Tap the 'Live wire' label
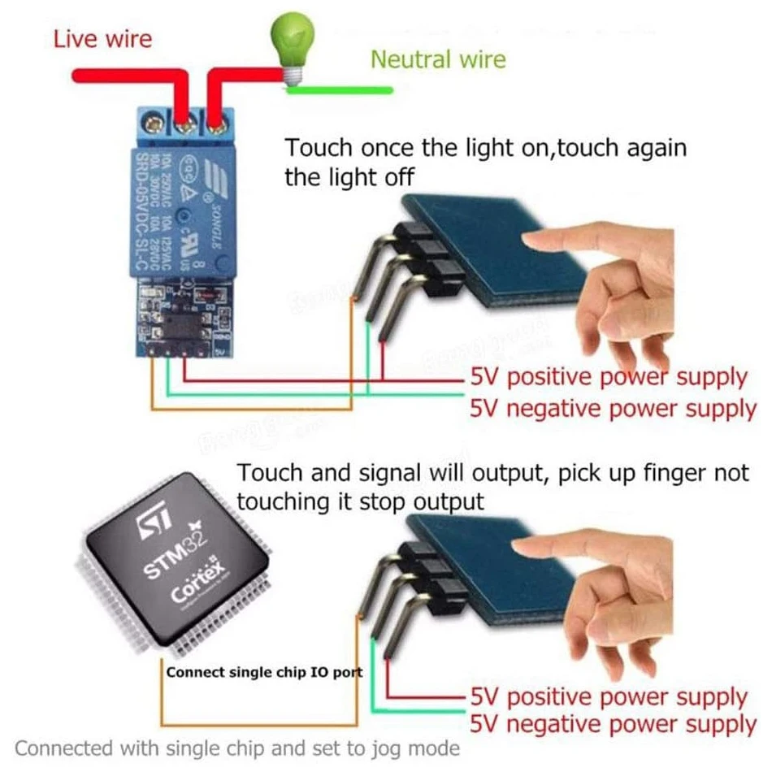102,39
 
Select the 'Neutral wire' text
438,59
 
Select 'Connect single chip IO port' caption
264,672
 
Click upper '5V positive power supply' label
608,377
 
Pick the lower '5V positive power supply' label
608,697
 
